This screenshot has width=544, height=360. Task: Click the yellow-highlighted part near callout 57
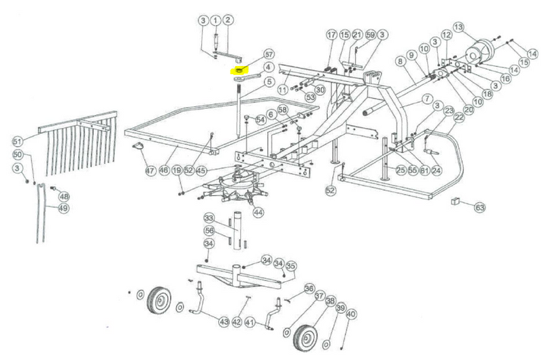point(239,69)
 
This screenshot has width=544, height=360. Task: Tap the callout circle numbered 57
point(269,54)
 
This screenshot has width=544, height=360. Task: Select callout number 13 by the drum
point(458,27)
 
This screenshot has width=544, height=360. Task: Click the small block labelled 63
point(457,201)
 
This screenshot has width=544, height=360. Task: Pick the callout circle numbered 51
point(18,141)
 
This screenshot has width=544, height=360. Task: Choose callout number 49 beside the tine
point(63,208)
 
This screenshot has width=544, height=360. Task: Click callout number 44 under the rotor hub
point(258,212)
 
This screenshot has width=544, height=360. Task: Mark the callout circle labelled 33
point(209,218)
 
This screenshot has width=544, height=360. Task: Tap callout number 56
point(209,230)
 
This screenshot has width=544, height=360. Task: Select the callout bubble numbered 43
point(224,321)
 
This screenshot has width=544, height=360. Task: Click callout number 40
point(351,314)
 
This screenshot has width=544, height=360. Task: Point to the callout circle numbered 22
point(459,118)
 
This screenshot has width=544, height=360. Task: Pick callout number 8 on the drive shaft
point(400,62)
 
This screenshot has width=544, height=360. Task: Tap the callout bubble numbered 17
point(331,35)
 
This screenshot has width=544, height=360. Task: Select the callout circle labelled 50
point(18,154)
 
